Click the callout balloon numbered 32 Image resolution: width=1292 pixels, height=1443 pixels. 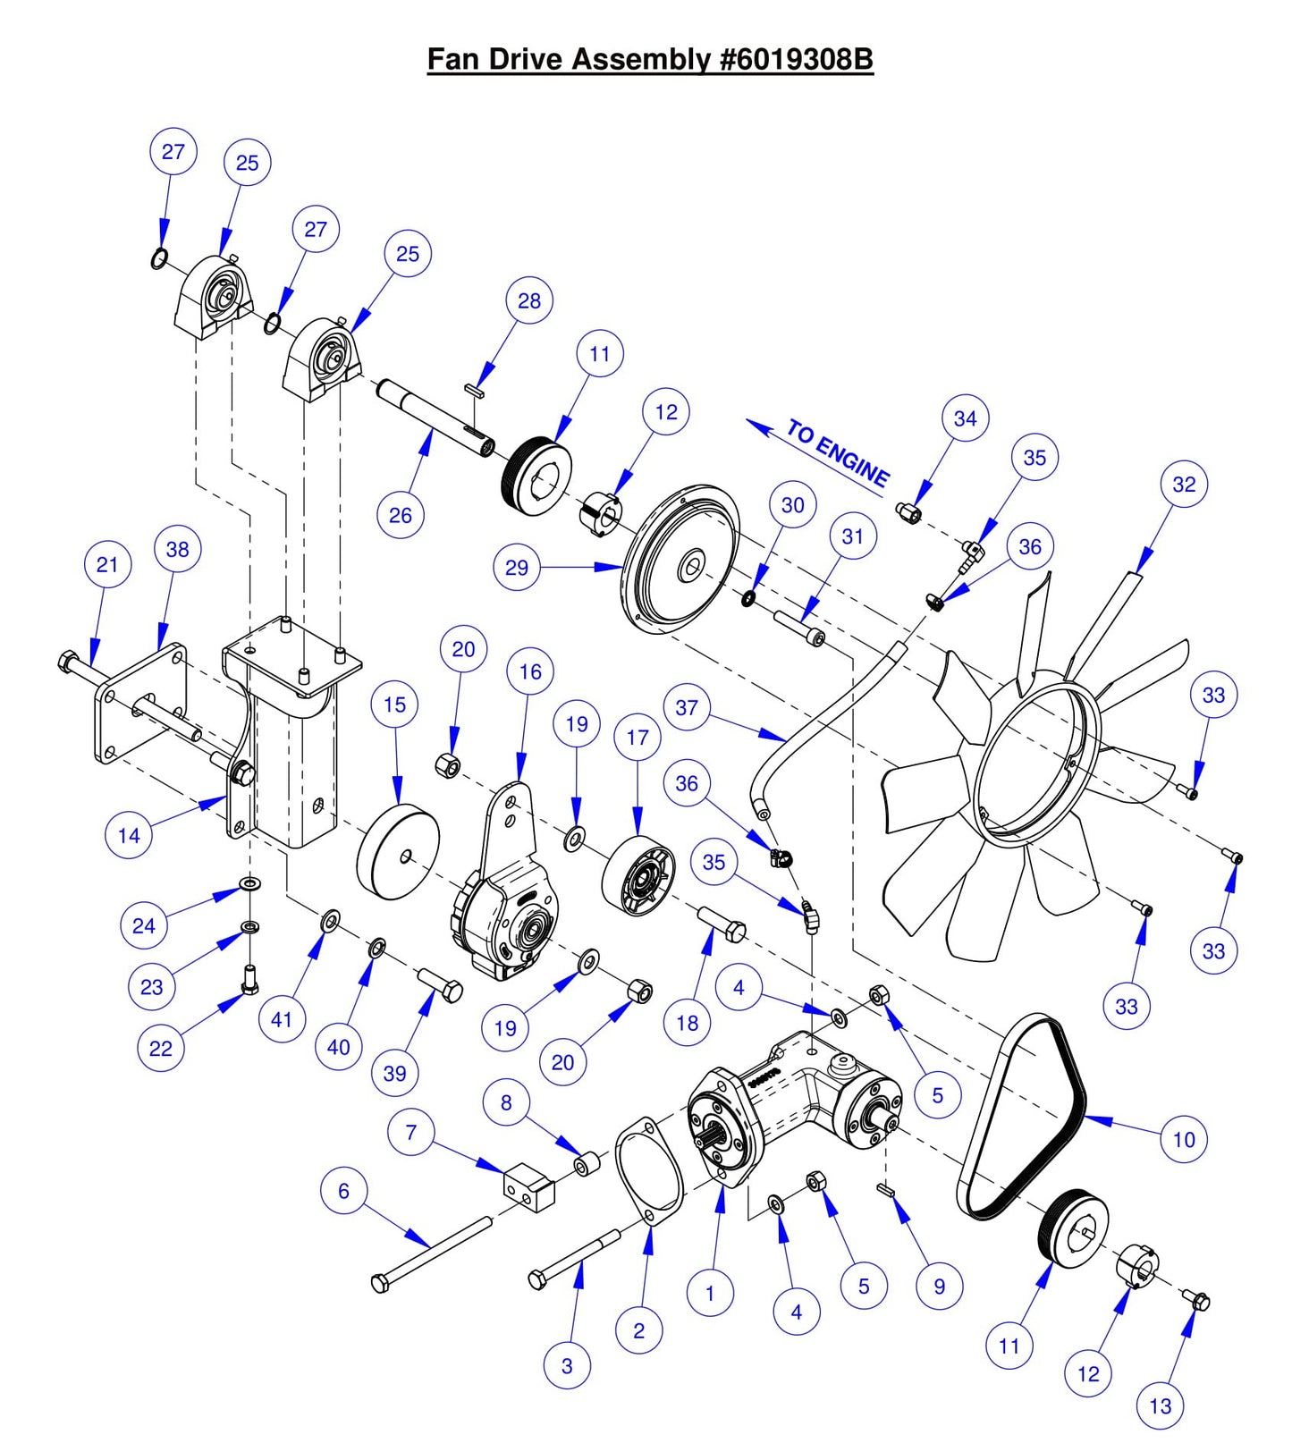coord(1183,484)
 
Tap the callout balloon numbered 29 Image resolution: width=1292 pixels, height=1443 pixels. coord(516,567)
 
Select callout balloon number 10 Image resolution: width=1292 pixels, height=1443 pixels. coord(1183,1139)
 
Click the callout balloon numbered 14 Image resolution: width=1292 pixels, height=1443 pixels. coord(129,835)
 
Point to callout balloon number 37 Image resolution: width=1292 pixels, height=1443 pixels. coord(686,707)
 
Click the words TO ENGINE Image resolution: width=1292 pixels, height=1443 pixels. coord(838,453)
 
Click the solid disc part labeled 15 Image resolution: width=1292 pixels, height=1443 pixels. coord(399,852)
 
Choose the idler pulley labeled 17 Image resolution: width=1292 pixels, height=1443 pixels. coord(638,876)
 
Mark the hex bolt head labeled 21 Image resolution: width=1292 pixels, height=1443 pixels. coord(68,663)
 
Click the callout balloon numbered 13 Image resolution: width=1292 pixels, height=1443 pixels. coord(1160,1405)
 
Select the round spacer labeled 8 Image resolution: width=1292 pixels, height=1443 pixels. coord(587,1165)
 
